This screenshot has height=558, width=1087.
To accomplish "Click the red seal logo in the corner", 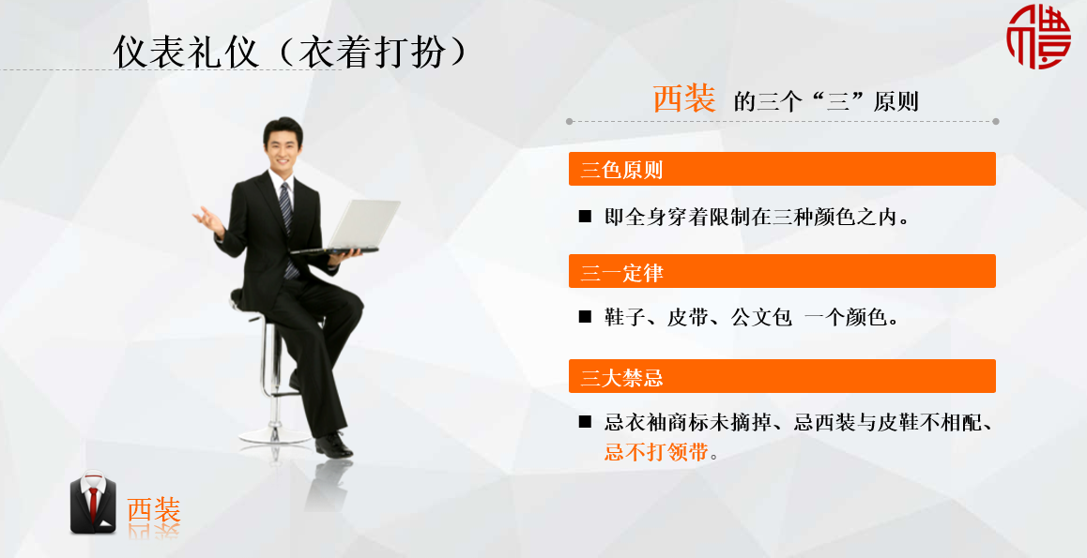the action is pyautogui.click(x=1038, y=36).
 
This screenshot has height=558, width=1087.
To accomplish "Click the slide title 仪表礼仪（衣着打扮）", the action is pyautogui.click(x=290, y=52).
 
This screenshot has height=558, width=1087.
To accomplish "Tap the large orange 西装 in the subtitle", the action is pyautogui.click(x=684, y=98).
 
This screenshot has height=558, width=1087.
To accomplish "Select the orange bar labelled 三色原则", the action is pyautogui.click(x=782, y=169).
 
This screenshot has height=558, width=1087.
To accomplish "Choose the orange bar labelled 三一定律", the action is pyautogui.click(x=782, y=271).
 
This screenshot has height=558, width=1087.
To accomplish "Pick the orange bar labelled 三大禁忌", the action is pyautogui.click(x=782, y=376).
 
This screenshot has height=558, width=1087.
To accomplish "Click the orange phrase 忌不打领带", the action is pyautogui.click(x=656, y=452).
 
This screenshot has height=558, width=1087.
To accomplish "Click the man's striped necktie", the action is pyautogui.click(x=286, y=221).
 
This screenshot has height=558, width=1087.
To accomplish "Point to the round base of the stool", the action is pyautogui.click(x=275, y=435).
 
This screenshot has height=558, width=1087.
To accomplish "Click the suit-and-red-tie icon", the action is pyautogui.click(x=94, y=503).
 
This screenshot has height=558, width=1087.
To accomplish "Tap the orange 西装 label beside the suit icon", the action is pyautogui.click(x=154, y=509).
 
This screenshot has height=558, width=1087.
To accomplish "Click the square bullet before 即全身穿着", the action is pyautogui.click(x=585, y=217).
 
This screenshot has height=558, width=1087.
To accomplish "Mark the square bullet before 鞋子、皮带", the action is pyautogui.click(x=585, y=317).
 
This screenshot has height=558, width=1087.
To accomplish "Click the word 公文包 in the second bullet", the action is pyautogui.click(x=761, y=317).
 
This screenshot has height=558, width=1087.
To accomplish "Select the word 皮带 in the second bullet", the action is pyautogui.click(x=687, y=317).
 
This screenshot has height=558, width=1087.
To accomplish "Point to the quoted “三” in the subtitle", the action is pyautogui.click(x=838, y=102).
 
